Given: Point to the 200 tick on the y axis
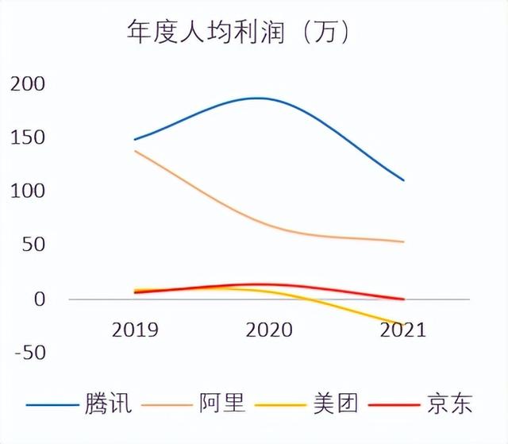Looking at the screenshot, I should point(29,83).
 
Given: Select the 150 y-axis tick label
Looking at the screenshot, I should point(29,137).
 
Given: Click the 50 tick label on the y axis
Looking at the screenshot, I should point(34,245).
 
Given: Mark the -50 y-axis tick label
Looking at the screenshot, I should point(30,352).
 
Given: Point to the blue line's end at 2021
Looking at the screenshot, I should point(403,180).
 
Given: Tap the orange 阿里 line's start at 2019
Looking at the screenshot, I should point(136,151).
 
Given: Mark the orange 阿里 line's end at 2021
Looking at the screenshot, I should point(403,241).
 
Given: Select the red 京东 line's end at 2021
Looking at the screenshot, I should point(403,299).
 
